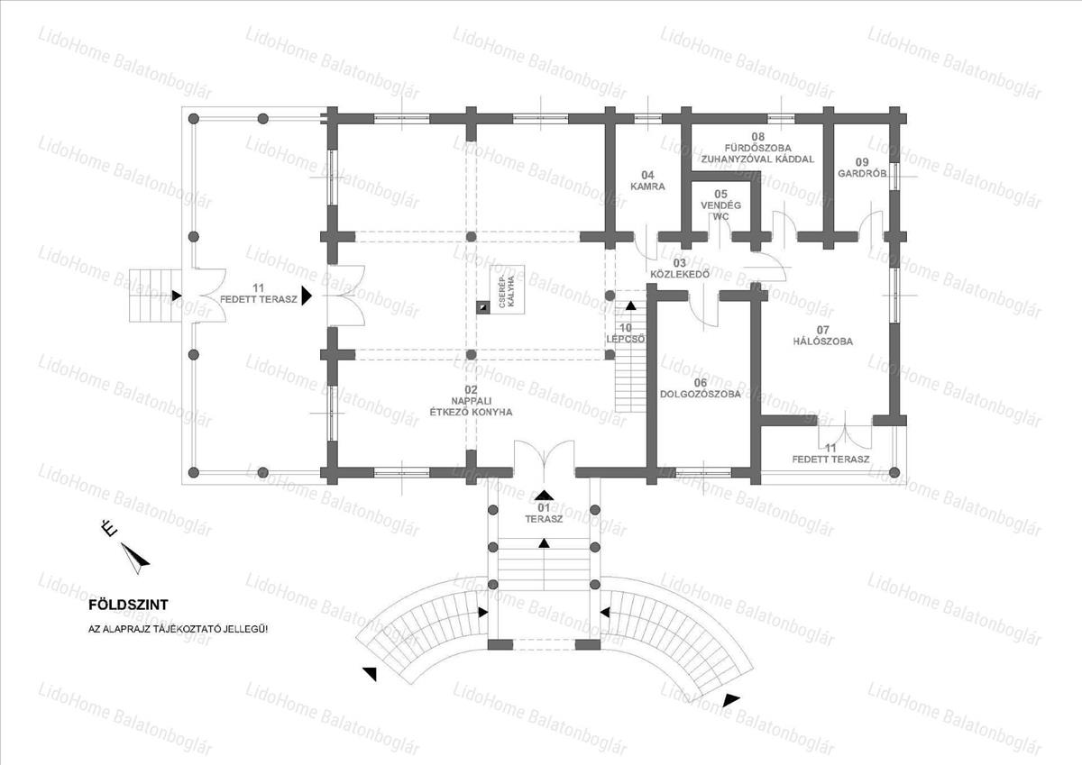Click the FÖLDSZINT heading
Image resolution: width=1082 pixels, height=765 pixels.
point(128,605)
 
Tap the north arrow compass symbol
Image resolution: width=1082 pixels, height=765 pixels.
point(134,558)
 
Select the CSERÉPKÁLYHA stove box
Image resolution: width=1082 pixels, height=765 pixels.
point(507,289)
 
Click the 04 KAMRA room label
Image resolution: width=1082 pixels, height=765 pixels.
point(647,180)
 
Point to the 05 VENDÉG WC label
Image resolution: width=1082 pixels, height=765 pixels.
point(720,205)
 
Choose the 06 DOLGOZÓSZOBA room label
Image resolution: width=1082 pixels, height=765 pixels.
point(701,388)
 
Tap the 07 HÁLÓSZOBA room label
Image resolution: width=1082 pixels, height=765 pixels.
point(823,335)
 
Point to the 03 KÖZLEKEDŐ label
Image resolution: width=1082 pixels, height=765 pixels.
point(680,269)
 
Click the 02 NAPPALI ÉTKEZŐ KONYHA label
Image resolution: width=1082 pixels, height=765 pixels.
point(471,401)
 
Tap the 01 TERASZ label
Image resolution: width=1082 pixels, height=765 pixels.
point(544,514)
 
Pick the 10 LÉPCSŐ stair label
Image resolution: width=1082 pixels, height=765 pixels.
point(626,333)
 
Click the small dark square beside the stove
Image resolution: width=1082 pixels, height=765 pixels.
point(483,307)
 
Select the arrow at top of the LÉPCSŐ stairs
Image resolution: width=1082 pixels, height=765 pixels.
point(631,305)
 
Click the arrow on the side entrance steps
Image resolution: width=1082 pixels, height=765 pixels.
point(177,296)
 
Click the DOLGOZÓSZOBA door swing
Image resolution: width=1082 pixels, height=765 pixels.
point(703,313)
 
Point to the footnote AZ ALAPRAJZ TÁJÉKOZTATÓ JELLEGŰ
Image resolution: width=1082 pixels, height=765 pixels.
point(178,629)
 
